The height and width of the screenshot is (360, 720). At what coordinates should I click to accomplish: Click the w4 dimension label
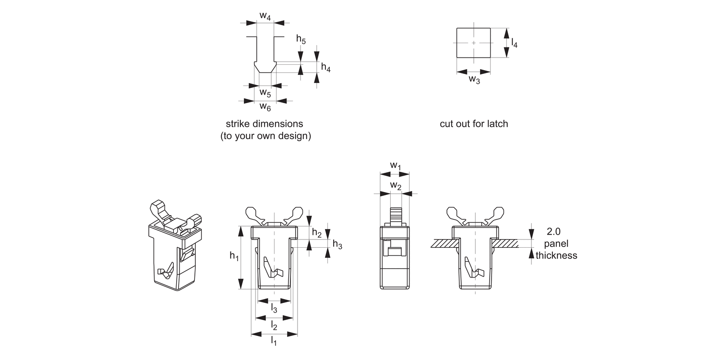pos(265,15)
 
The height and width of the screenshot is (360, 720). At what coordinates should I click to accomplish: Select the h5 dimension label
pos(300,39)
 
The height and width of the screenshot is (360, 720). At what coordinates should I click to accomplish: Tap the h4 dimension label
pos(325,68)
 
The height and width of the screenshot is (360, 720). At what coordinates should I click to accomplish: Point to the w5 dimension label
pos(265,92)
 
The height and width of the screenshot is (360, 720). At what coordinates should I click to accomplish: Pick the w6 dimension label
pos(265,107)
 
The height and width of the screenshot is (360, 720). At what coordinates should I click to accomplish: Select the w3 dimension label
pos(474,80)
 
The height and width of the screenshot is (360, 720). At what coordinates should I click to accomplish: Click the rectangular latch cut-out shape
pos(473,43)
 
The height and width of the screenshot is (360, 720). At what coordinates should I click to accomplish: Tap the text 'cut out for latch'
pos(473,124)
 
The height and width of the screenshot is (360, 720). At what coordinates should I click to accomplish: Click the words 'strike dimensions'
pos(264,123)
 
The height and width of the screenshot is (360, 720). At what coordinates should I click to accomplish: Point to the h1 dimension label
pos(234,257)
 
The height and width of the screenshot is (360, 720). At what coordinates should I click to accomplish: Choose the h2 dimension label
pos(317,233)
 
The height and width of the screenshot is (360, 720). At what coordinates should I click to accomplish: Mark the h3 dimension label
pos(337,245)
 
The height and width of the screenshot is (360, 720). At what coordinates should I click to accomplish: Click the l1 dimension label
pos(274,341)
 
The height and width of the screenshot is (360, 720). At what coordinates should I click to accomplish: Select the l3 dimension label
pos(274,308)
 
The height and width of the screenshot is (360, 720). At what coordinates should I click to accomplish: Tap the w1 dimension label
pos(395,166)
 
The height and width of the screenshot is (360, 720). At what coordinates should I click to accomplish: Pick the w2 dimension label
pos(395,185)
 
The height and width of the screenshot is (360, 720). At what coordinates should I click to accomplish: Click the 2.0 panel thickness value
pos(554,231)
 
